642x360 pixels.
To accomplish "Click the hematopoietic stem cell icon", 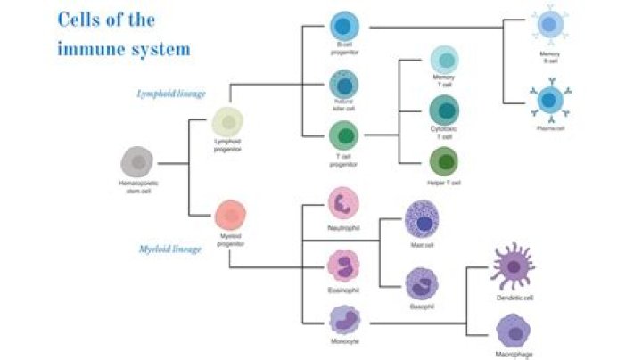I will [x=137, y=162].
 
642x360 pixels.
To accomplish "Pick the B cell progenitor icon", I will [x=342, y=26].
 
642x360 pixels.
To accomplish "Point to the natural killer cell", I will [x=342, y=84].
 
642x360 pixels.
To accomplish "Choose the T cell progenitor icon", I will [x=342, y=136].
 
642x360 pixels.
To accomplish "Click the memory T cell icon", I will [x=444, y=59].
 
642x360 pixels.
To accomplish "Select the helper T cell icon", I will [x=444, y=162].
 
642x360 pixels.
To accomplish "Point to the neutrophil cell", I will [x=343, y=203].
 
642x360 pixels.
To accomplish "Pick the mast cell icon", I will [x=422, y=217].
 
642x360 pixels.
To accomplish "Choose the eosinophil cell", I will [x=343, y=265].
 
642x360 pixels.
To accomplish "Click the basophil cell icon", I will [x=421, y=284].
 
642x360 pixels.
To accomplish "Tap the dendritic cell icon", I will [x=514, y=265].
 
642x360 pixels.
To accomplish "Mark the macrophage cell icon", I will [x=514, y=331].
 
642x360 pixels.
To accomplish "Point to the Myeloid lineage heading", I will [x=171, y=250].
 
